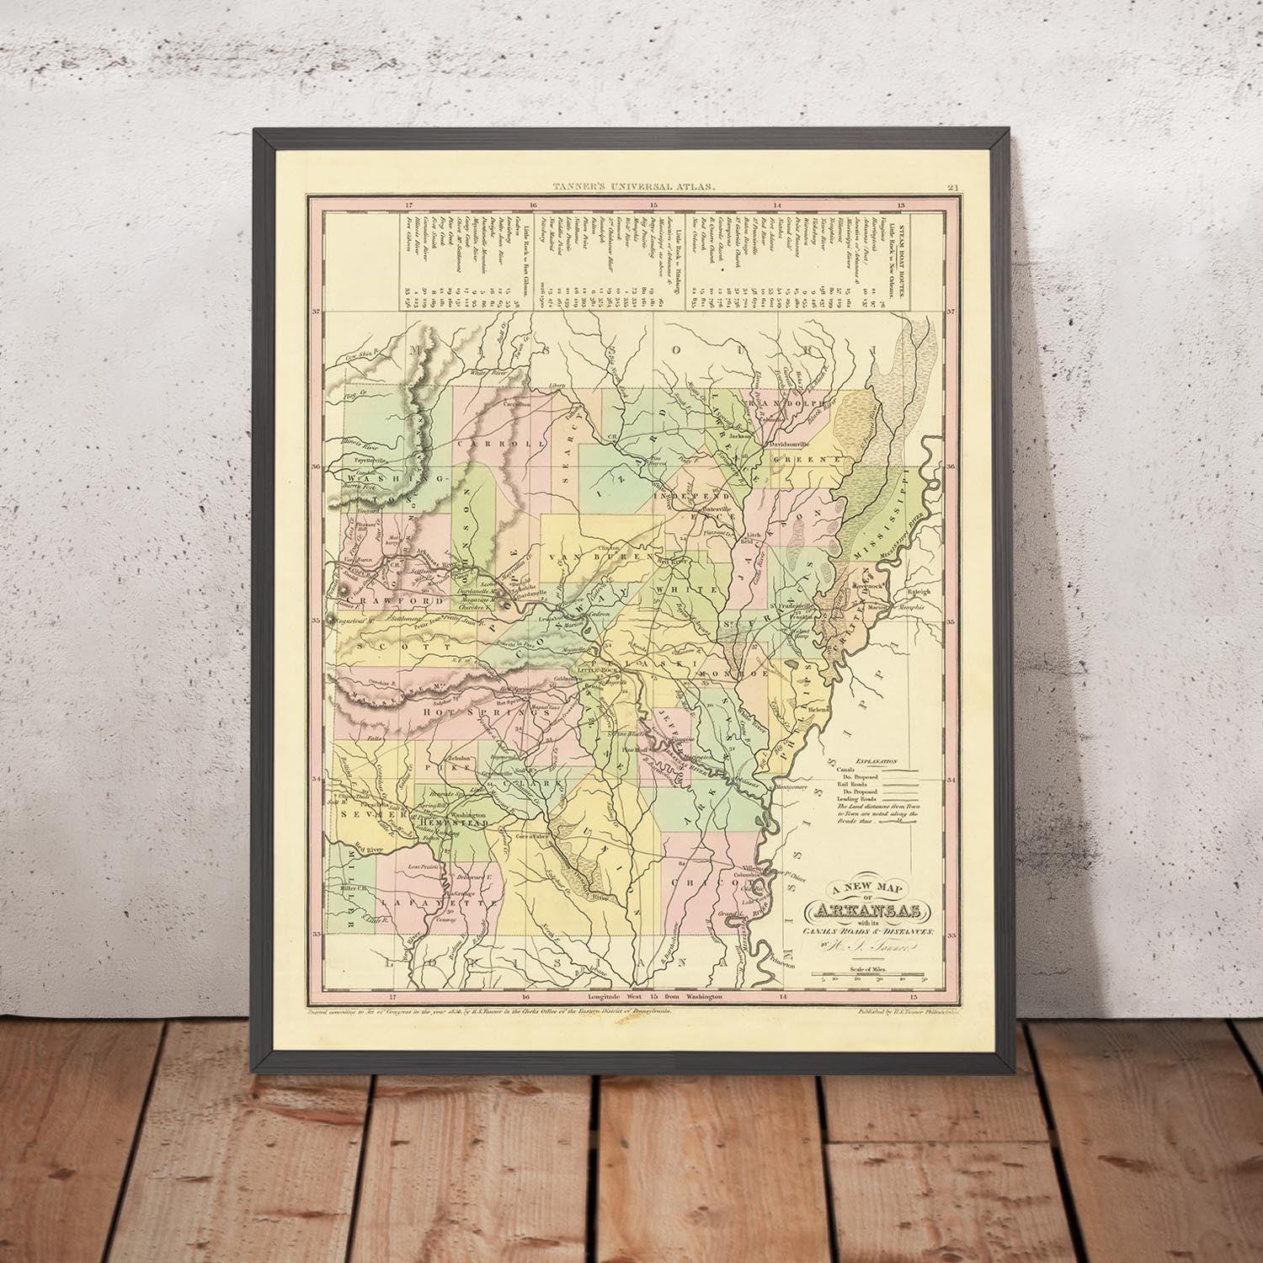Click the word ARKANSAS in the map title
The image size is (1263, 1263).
pos(868,911)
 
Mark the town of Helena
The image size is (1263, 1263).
pos(820,710)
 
